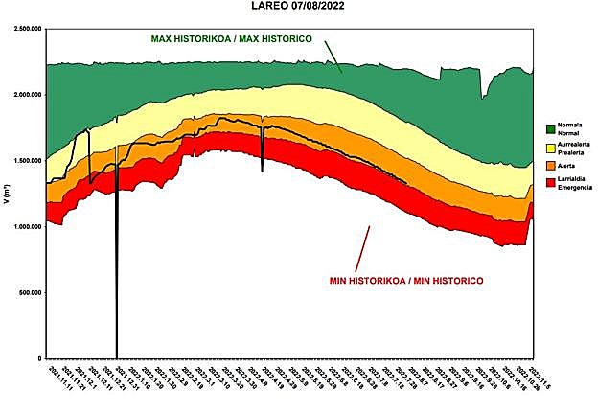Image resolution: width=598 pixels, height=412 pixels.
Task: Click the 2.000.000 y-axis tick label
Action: (27, 95)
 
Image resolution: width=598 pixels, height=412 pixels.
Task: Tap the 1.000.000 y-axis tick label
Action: (27, 227)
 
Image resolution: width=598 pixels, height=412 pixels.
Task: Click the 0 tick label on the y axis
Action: (39, 358)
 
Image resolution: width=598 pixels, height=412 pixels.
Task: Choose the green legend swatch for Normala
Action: (550, 127)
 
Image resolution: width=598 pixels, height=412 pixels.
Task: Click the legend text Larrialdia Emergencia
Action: (571, 183)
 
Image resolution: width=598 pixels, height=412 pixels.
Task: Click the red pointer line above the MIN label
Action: (362, 248)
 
